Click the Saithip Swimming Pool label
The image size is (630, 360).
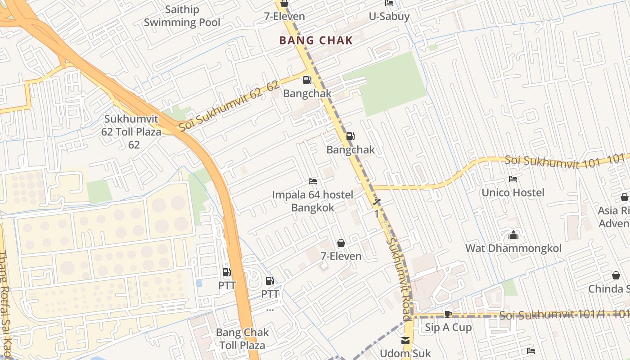(182, 16)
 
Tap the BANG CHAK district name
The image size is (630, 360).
(316, 40)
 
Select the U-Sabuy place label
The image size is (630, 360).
(389, 17)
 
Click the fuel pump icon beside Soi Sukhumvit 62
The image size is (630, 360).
(307, 80)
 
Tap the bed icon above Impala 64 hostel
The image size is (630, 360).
(313, 181)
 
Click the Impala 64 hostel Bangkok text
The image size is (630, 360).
(313, 201)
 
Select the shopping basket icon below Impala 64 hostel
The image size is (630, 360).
(341, 243)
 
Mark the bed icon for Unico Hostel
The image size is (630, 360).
(513, 179)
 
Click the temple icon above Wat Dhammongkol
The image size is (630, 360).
(513, 235)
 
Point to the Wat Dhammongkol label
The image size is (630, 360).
(513, 248)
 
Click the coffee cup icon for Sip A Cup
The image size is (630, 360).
(448, 314)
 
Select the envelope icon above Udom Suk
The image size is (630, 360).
(405, 341)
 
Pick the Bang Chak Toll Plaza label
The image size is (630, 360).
(242, 339)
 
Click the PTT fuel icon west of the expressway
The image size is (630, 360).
(227, 272)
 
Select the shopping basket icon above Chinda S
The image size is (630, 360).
(616, 275)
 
